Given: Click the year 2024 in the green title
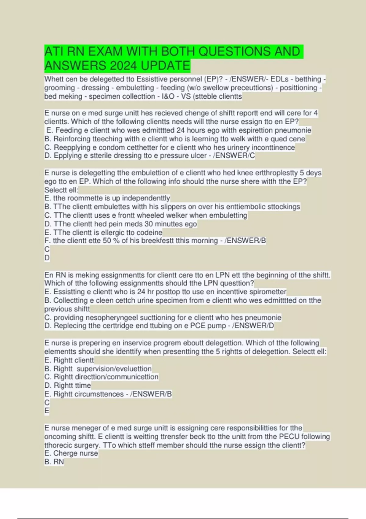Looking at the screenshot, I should [x=124, y=66].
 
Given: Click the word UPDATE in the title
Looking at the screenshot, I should [x=166, y=66].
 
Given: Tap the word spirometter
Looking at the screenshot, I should [x=268, y=292].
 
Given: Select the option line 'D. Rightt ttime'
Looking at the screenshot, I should [x=68, y=385].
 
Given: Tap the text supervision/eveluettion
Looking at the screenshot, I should [x=114, y=368].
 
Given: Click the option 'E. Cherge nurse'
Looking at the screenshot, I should [x=71, y=453].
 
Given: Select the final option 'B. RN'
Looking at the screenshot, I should [x=54, y=462].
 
